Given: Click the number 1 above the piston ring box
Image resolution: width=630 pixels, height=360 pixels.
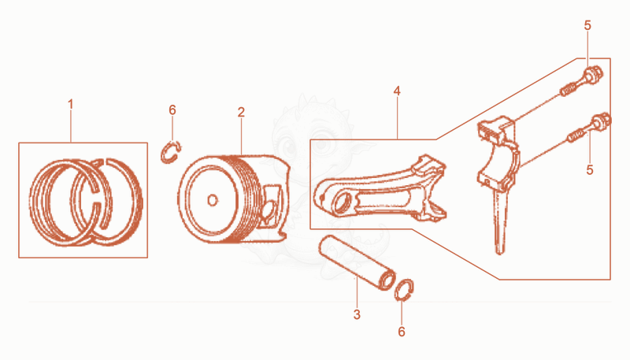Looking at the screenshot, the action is [x=71, y=105].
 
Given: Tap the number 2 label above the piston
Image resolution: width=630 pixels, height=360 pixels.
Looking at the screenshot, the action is [x=241, y=112].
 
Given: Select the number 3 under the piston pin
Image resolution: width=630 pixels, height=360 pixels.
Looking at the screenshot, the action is [x=357, y=314].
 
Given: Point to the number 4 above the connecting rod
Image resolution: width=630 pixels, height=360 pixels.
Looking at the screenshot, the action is [x=397, y=91].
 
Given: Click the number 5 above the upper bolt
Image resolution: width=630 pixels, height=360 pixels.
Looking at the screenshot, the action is [x=587, y=25].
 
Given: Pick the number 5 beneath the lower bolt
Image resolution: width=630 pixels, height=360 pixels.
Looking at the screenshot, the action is [x=589, y=169].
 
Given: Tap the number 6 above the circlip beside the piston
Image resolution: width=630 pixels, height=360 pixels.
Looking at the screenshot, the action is [x=172, y=109].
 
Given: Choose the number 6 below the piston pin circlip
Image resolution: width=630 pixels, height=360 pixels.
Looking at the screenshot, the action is [x=402, y=332].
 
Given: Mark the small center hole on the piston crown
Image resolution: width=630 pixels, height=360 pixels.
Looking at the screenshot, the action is [x=213, y=200].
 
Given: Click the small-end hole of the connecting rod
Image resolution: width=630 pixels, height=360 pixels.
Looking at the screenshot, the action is [x=341, y=203].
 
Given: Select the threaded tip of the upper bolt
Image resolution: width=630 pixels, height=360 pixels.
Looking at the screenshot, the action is [x=568, y=90].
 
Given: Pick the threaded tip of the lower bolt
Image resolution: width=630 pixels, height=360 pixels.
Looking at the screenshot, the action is [x=575, y=135].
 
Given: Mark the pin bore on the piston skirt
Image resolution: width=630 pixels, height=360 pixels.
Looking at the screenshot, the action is [x=270, y=209].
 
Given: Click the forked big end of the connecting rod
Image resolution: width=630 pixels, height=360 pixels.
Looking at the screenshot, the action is [x=431, y=189].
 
